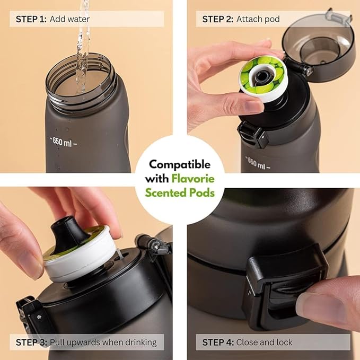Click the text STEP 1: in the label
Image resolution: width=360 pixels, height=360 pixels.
31,20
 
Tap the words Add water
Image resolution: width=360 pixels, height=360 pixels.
70,20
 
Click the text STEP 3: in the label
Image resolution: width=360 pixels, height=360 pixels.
31,342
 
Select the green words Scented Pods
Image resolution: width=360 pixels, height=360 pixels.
180,192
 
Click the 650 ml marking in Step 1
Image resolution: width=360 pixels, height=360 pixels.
64,142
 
